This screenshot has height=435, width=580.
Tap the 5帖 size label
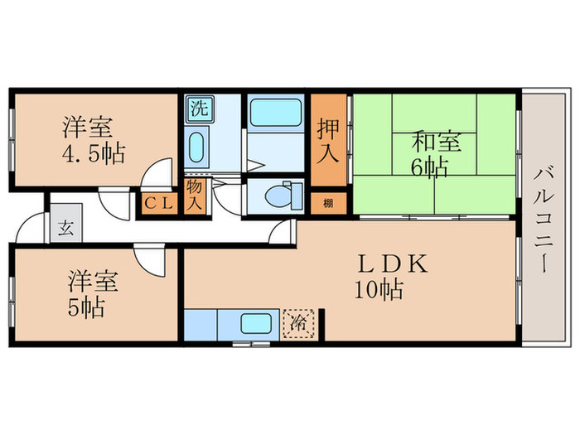[86, 308]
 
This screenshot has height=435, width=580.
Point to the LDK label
[392, 264]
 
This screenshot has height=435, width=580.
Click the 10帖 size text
[379, 290]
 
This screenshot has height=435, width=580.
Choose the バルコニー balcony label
[544, 219]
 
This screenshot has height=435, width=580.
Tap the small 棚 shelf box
[329, 203]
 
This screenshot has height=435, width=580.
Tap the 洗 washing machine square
[199, 108]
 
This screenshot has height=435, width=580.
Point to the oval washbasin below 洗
[196, 148]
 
